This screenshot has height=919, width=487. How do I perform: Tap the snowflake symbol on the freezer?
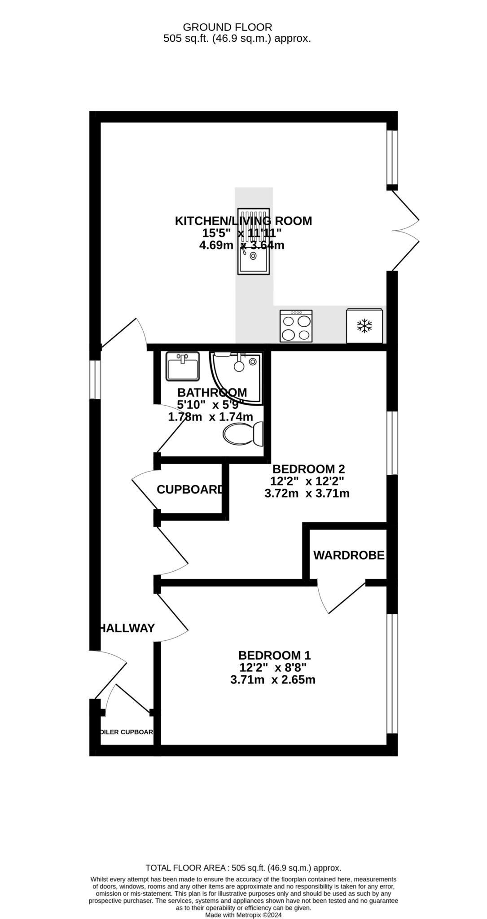[x=364, y=326]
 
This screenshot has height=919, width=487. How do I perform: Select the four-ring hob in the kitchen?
[x=296, y=326]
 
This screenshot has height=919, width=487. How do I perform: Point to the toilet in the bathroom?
[x=244, y=433]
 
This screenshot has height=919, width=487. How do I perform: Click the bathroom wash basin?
[x=183, y=366]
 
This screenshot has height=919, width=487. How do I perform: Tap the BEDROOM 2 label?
[x=308, y=469]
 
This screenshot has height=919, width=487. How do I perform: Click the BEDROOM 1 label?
[x=274, y=655]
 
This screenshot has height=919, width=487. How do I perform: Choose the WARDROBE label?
[x=349, y=556]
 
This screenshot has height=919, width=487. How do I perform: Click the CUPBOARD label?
[x=189, y=490]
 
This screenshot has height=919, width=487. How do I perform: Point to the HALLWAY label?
[x=127, y=628]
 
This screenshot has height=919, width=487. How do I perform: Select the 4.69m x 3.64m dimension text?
[x=241, y=245]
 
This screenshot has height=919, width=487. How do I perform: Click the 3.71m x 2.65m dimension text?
[x=272, y=680]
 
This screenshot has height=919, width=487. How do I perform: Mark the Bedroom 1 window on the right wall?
[x=392, y=673]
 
